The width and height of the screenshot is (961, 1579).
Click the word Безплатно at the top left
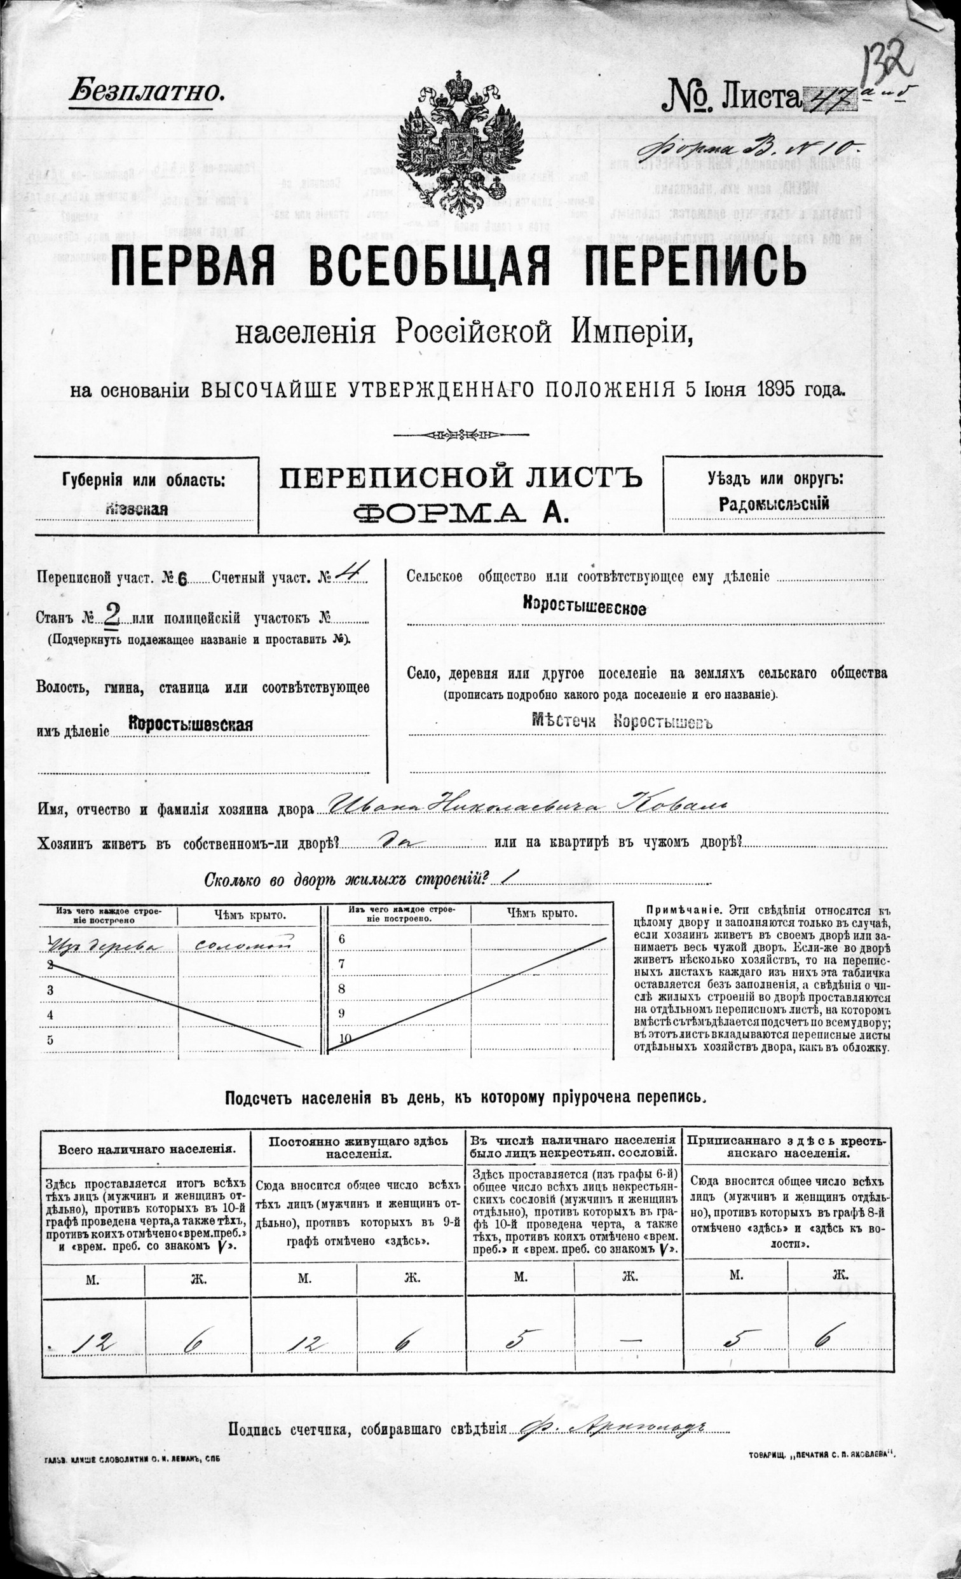147,92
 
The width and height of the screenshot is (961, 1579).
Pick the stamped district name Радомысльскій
774,503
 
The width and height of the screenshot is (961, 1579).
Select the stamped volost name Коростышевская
190,725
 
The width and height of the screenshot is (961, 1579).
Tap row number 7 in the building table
341,963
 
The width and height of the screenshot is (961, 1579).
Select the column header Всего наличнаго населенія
147,1149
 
